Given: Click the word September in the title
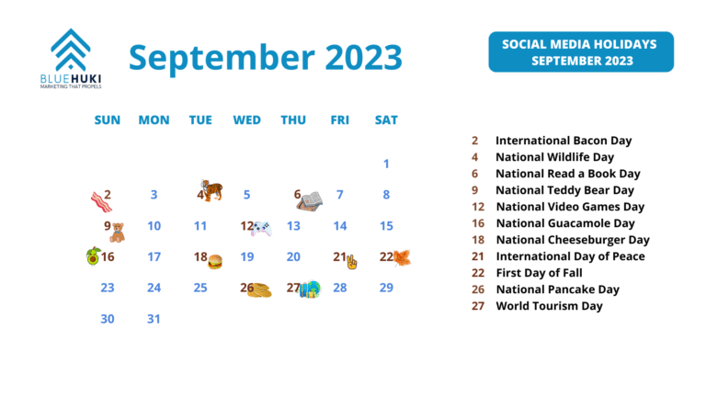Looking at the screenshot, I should tap(208, 57).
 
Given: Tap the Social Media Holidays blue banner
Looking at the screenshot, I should tap(580, 52).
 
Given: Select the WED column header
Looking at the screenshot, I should tap(246, 119).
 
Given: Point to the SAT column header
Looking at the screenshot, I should tap(386, 119).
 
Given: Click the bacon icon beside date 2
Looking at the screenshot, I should tap(99, 200).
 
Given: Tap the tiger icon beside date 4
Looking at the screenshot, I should tap(212, 191).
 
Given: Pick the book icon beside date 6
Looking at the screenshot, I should tap(311, 199).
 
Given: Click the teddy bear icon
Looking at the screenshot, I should tap(118, 232).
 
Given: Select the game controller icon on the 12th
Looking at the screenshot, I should tap(261, 229).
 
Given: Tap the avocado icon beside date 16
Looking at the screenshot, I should tap(93, 255).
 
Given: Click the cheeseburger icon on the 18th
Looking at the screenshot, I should tap(216, 262).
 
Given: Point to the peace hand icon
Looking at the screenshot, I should tap(351, 262).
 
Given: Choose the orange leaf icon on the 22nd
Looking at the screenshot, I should tap(402, 257).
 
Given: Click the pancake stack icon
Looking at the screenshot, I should tap(259, 290).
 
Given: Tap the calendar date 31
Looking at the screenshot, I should tap(154, 319).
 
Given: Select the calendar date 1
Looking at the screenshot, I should tap(386, 164).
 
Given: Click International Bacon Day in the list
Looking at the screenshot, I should tap(563, 141).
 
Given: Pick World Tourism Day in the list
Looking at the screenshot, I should tap(549, 306).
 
